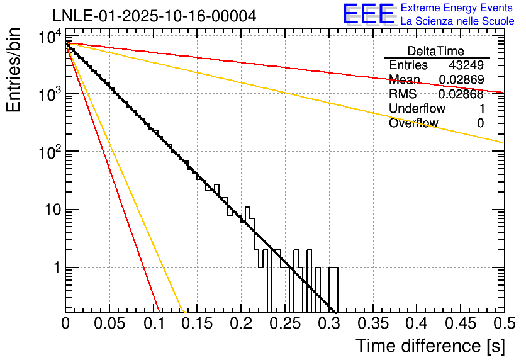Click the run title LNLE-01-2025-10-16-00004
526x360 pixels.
point(154,16)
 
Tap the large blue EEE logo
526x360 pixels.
point(368,14)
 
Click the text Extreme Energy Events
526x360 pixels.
point(457,8)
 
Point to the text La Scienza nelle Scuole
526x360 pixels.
point(457,21)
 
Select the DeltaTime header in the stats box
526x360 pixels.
point(436,51)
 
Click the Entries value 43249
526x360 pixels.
point(466,65)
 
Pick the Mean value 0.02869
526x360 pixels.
point(461,80)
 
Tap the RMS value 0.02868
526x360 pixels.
point(461,94)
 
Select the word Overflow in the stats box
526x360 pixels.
point(413,123)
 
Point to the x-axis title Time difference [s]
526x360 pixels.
point(430,346)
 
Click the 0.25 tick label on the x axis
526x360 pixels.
point(284,323)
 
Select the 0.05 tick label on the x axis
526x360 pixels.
point(109,323)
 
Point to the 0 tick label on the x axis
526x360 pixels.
point(65,323)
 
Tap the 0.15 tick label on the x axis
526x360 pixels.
point(197,323)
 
